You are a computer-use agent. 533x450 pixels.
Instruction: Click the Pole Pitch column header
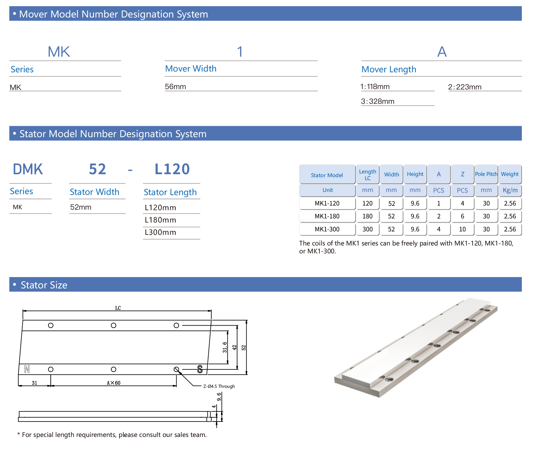(x=486, y=174)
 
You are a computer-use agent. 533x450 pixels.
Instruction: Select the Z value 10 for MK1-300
(x=462, y=229)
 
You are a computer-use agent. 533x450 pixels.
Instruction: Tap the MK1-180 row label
(x=327, y=216)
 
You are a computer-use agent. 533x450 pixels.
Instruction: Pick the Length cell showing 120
(x=367, y=203)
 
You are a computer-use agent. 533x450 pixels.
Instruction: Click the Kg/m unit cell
(x=510, y=190)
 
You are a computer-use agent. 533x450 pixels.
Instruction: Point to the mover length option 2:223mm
(x=465, y=87)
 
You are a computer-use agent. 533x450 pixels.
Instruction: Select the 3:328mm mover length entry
(x=377, y=102)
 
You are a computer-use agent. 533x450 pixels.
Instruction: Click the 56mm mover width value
(x=175, y=87)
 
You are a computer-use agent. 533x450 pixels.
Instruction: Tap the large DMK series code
(x=28, y=169)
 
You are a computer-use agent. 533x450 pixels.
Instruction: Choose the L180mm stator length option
(x=160, y=220)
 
